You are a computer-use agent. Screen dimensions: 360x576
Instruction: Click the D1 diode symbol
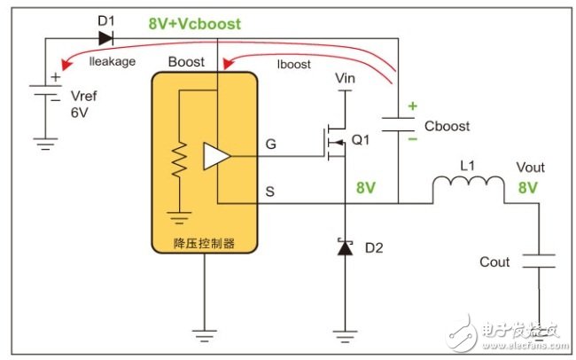coord(105,38)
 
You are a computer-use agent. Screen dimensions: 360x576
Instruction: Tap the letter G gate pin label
coord(269,143)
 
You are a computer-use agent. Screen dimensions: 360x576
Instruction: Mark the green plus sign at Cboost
coord(412,107)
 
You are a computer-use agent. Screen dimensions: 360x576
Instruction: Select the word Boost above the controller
coord(185,63)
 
